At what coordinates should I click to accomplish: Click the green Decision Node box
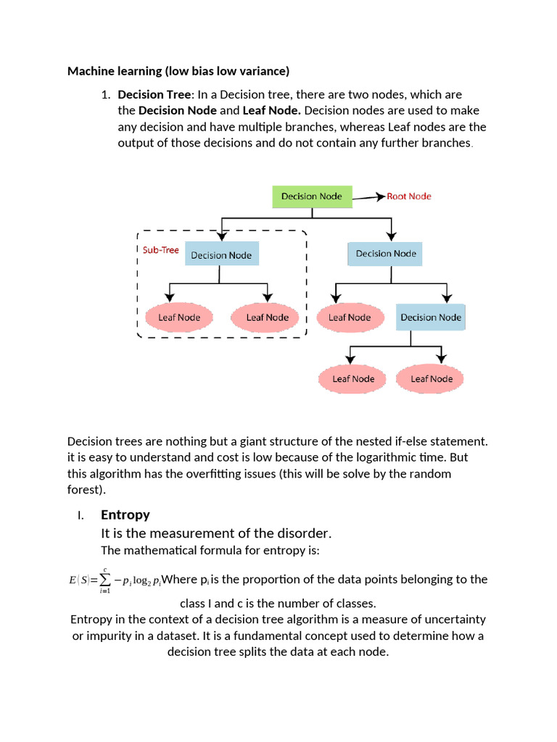click(312, 196)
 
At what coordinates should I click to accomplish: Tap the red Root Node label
click(409, 196)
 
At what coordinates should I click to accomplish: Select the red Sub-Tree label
click(160, 250)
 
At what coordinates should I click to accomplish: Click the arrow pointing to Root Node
click(369, 196)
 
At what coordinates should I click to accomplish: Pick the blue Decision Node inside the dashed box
click(221, 255)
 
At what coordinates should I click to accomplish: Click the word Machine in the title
click(89, 71)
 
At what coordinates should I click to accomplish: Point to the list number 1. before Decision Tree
click(105, 94)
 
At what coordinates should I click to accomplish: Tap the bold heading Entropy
click(125, 514)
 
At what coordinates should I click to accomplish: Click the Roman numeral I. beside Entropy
click(81, 515)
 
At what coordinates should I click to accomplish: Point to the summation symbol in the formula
click(105, 580)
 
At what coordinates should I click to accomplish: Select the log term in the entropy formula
click(144, 580)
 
